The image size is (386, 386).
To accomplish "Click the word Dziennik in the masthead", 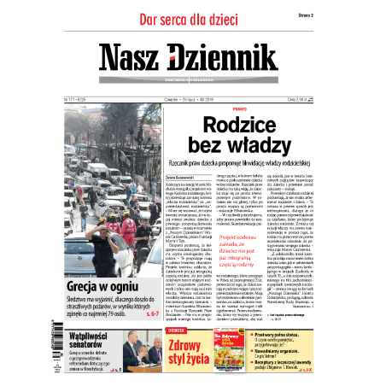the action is tap(224, 57).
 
